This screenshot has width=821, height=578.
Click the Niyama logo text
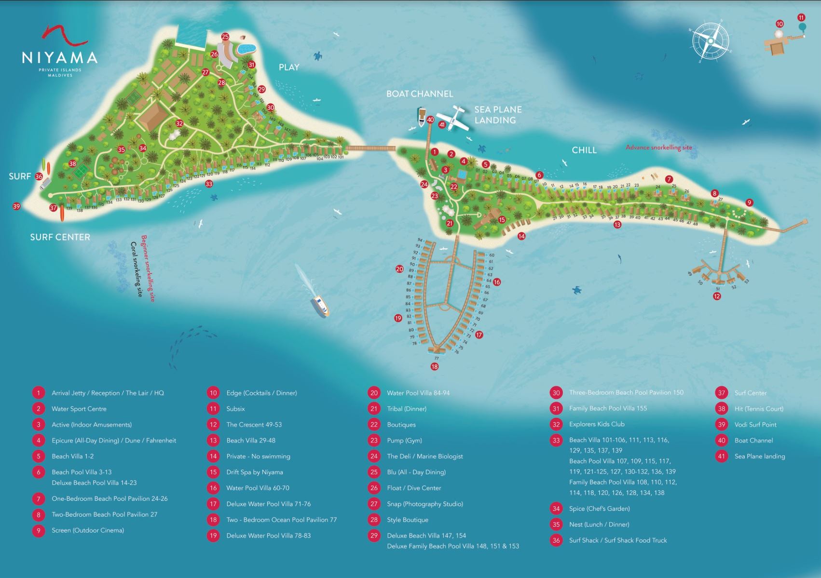click(x=59, y=58)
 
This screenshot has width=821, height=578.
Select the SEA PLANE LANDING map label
click(x=497, y=115)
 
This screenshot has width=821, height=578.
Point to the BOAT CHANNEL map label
click(x=419, y=94)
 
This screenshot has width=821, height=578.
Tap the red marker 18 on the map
click(x=435, y=367)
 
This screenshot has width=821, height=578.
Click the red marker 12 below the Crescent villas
click(x=717, y=296)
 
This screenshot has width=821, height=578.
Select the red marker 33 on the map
click(x=208, y=184)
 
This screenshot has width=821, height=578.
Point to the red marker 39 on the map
click(x=16, y=206)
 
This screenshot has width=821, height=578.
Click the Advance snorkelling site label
click(x=658, y=148)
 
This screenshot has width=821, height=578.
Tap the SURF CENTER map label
click(x=60, y=237)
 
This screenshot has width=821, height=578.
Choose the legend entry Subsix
click(x=235, y=409)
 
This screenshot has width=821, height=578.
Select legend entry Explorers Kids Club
click(x=596, y=424)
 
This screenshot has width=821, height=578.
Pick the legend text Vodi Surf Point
click(x=755, y=425)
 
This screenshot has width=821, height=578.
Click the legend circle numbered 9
click(x=39, y=531)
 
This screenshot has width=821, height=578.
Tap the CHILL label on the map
click(x=584, y=150)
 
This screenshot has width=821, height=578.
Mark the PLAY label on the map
click(x=288, y=67)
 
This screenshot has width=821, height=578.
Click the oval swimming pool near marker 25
click(x=246, y=49)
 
